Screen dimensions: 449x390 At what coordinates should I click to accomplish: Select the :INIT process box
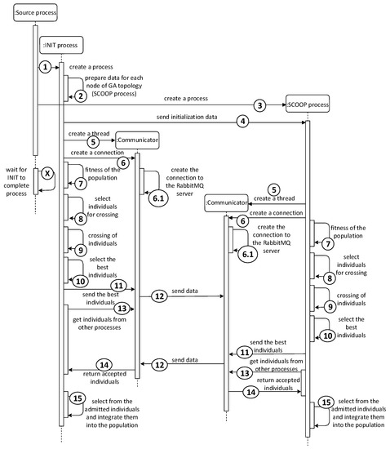(x=64, y=47)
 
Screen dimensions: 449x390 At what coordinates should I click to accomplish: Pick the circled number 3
(x=260, y=105)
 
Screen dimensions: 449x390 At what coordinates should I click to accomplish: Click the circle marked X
(x=47, y=174)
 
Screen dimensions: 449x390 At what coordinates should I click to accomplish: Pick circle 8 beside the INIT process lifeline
(x=81, y=219)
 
